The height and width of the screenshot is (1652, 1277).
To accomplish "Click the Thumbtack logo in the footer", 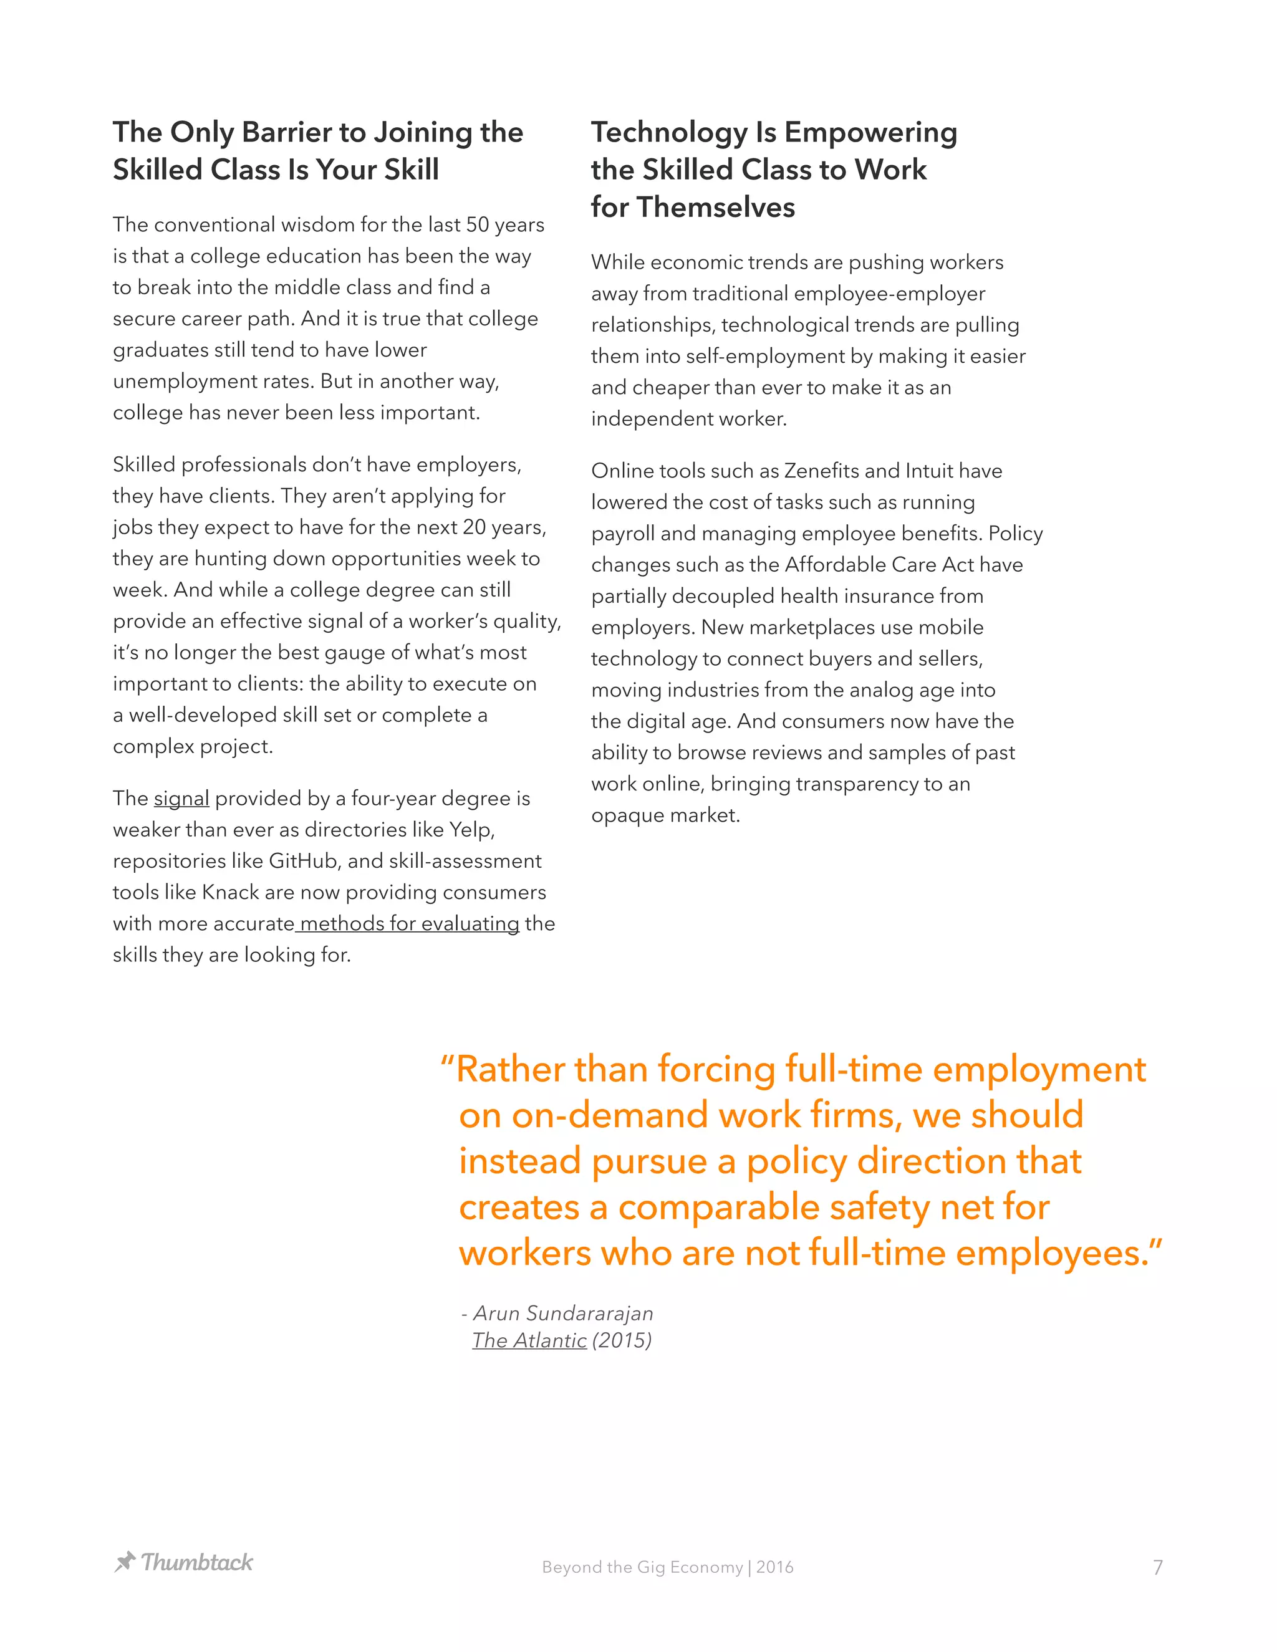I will (184, 1562).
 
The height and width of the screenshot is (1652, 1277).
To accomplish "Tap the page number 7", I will (1157, 1567).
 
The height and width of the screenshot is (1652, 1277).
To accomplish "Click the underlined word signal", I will (181, 798).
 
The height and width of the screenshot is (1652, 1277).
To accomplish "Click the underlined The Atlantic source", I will (529, 1340).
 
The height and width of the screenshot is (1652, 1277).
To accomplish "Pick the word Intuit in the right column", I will (930, 471).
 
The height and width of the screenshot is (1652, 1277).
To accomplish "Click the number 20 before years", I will (474, 527).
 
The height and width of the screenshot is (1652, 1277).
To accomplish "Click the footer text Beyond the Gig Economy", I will (642, 1567).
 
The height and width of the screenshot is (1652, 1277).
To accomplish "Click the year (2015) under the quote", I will (622, 1340).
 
